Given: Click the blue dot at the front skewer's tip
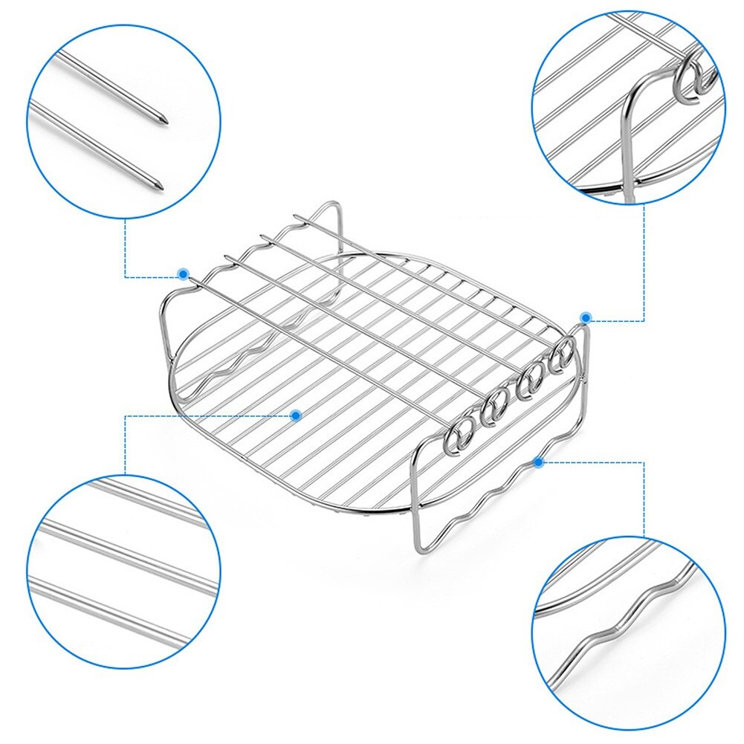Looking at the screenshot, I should (x=183, y=274).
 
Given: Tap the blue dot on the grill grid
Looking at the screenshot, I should (x=296, y=415).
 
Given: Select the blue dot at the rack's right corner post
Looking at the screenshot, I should (x=586, y=317).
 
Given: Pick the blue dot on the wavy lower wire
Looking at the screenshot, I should (x=538, y=462).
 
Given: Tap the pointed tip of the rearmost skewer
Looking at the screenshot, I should (x=296, y=217).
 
